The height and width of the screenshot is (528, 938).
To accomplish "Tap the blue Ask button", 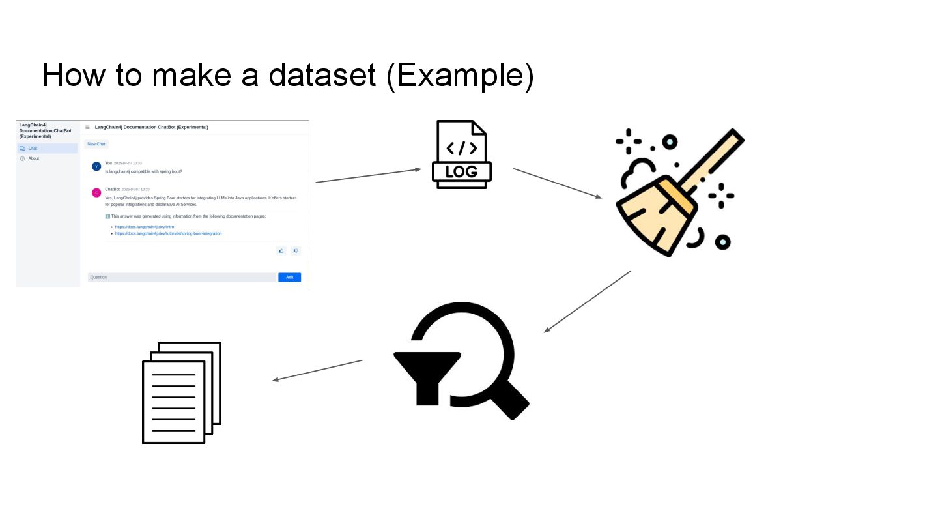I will click(289, 277).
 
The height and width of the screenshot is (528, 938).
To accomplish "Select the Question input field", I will click(182, 277).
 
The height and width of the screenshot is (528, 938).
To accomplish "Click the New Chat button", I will click(96, 144).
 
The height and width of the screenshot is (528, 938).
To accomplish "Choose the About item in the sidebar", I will click(33, 158).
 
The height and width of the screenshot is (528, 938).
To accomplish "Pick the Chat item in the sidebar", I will click(33, 149).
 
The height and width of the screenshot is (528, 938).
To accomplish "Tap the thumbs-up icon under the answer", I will click(281, 250).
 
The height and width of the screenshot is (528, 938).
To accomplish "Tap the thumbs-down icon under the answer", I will click(295, 250).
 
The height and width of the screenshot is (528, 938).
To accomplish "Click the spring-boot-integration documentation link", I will click(168, 233).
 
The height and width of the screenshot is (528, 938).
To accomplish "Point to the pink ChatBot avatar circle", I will click(96, 192).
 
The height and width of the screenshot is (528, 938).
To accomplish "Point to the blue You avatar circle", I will click(96, 166).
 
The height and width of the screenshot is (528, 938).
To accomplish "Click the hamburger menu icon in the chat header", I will click(87, 127).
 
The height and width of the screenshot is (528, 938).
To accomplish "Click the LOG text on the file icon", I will click(461, 171).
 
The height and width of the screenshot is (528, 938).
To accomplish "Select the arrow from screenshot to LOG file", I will click(369, 176).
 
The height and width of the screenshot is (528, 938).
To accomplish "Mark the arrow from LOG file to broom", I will click(558, 183).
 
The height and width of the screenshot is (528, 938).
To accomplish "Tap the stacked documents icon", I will click(182, 392).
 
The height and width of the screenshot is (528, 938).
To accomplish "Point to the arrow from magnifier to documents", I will click(317, 370).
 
